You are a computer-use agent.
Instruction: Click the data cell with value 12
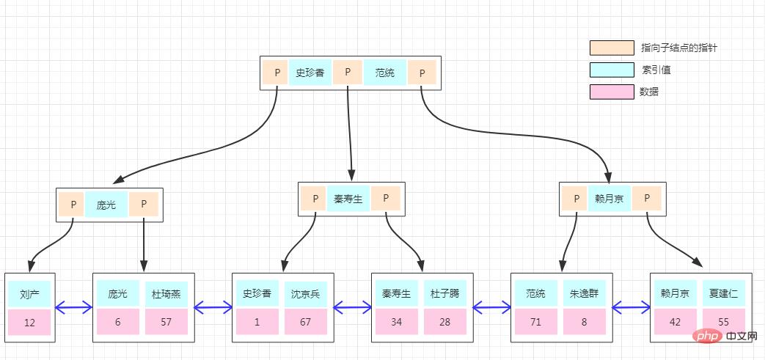(29, 323)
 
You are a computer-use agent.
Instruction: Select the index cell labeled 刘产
(29, 294)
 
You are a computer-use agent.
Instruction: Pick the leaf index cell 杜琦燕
(166, 294)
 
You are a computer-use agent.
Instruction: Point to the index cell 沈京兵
(306, 294)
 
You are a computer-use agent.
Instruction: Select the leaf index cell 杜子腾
(444, 294)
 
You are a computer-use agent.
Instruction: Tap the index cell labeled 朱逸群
(584, 294)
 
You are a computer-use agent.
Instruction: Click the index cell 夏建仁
(723, 294)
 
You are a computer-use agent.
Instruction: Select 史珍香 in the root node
(310, 73)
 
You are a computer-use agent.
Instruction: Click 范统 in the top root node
(385, 73)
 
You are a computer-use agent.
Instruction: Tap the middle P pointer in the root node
(348, 73)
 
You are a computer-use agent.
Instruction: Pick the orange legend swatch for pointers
(611, 48)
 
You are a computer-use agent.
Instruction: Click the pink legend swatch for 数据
(611, 92)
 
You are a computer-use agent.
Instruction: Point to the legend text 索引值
(656, 70)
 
